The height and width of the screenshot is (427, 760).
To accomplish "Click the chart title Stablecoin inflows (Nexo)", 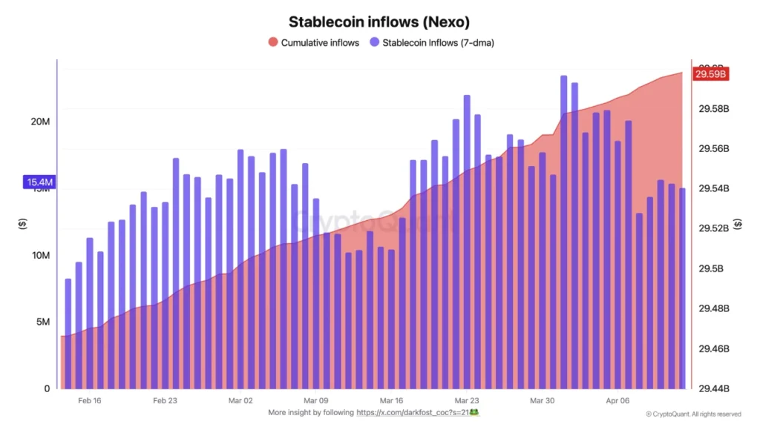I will [x=379, y=22].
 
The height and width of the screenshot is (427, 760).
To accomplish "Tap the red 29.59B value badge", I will [x=710, y=73].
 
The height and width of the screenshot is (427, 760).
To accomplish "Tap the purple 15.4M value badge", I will [x=39, y=182].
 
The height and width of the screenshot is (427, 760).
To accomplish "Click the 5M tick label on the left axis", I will [x=43, y=322].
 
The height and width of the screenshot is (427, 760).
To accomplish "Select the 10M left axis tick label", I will [x=40, y=255].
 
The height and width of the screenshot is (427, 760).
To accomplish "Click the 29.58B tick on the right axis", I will [x=714, y=109].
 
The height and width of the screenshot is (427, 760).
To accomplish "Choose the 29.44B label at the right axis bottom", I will [x=714, y=388].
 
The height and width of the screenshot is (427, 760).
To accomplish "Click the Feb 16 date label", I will [x=89, y=400].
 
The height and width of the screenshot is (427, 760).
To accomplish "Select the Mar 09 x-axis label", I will [x=315, y=400].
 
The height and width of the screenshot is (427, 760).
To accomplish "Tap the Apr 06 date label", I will [x=617, y=400].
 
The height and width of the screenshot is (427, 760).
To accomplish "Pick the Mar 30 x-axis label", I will [x=542, y=400].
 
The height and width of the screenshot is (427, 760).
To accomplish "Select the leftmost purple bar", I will [x=68, y=334].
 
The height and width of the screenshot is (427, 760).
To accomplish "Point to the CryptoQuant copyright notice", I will [x=693, y=414].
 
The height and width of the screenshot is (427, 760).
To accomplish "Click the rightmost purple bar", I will [x=682, y=289].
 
